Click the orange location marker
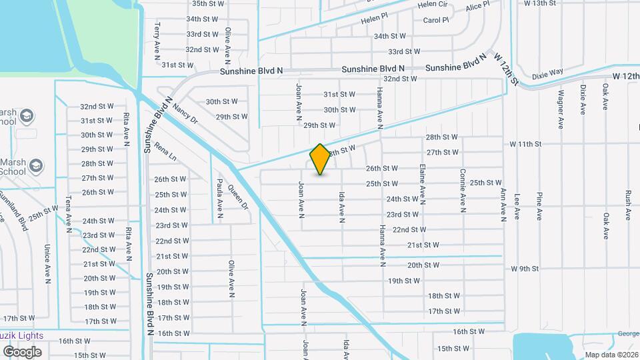pyautogui.click(x=320, y=159)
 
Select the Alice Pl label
pyautogui.click(x=477, y=7)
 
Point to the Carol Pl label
pyautogui.click(x=436, y=20)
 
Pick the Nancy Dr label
pyautogui.click(x=185, y=113)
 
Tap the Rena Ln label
pyautogui.click(x=165, y=152)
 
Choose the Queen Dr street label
pyautogui.click(x=237, y=195)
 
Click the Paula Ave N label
pyautogui.click(x=219, y=199)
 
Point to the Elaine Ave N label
pyautogui.click(x=422, y=184)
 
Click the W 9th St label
pyautogui.click(x=524, y=269)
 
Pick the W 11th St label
pyautogui.click(x=525, y=143)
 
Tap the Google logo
pyautogui.click(x=23, y=351)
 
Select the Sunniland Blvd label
pyautogui.click(x=14, y=210)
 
